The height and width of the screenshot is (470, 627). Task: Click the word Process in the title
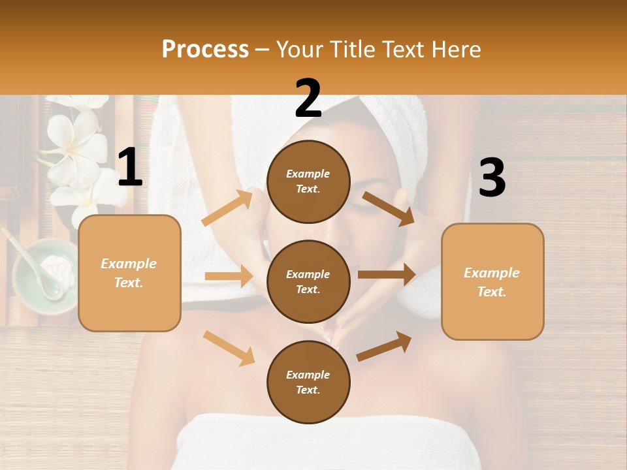(205, 50)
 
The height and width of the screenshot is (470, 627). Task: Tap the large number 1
(130, 168)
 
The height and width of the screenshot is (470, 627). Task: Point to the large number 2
(308, 99)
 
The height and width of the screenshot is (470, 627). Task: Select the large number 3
(492, 178)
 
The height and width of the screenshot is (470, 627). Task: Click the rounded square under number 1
(129, 273)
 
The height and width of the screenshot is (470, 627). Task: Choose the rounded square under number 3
(492, 281)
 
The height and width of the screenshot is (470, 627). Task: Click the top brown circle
(308, 181)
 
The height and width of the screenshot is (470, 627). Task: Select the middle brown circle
(308, 281)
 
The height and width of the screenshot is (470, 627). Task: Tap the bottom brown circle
(308, 382)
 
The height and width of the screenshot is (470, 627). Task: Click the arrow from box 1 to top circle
(227, 208)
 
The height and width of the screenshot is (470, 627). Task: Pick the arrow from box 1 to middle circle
(229, 276)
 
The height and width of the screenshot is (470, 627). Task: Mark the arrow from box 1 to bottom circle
(229, 347)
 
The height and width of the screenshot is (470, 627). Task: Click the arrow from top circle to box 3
(387, 208)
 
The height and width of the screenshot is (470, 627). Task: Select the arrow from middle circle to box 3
(386, 275)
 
